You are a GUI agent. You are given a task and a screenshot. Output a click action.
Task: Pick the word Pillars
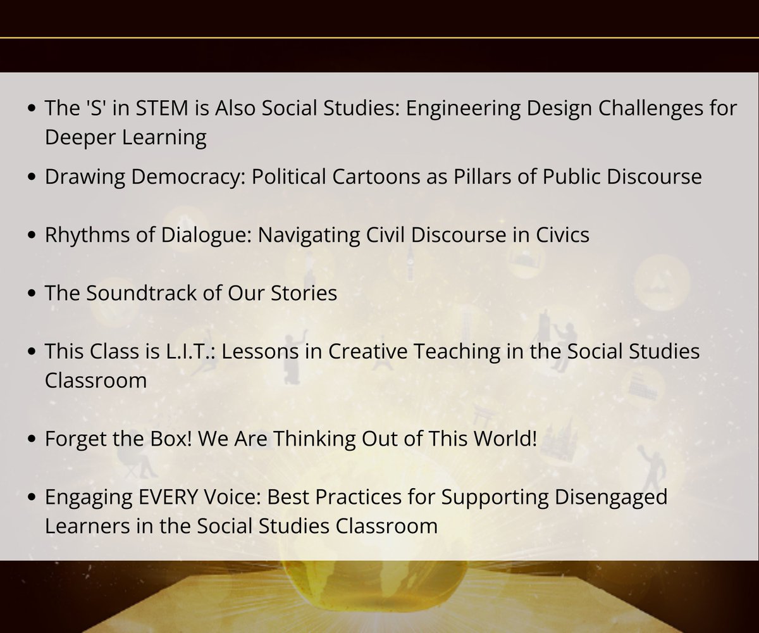click(474, 177)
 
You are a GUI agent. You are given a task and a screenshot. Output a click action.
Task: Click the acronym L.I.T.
click(187, 351)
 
